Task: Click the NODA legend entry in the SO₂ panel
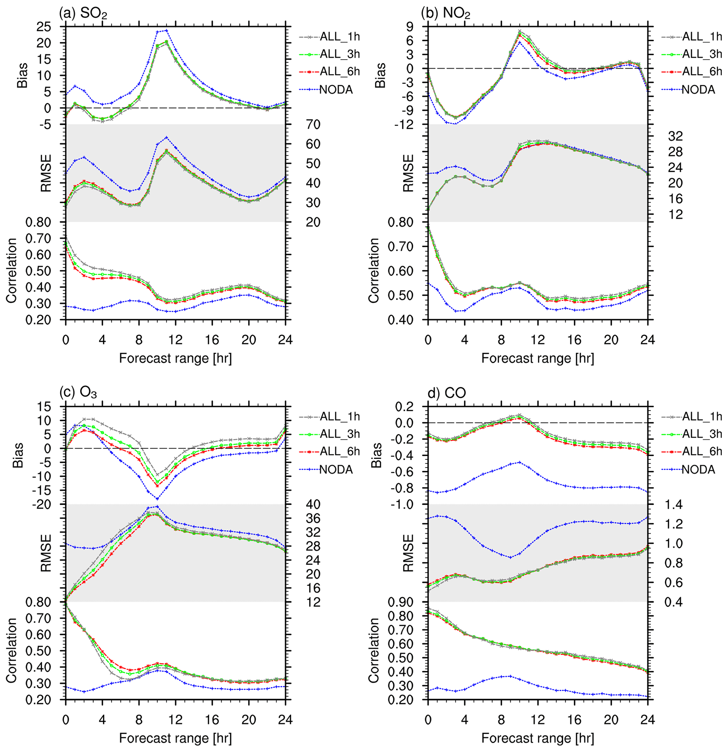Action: coord(336,90)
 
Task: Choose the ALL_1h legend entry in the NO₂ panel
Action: coord(702,37)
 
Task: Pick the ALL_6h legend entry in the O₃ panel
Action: coord(340,451)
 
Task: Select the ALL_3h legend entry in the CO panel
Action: coord(702,433)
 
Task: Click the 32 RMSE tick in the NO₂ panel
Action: coord(676,136)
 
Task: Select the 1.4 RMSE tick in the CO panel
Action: coord(673,504)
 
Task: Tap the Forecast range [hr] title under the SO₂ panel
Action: coord(175,358)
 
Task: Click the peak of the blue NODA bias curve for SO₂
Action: coord(167,30)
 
